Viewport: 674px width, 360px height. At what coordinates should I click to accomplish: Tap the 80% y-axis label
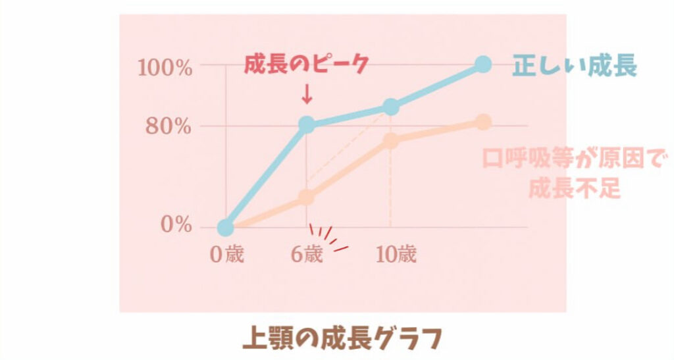pos(169,126)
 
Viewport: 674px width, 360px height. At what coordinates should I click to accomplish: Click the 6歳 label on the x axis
pos(307,255)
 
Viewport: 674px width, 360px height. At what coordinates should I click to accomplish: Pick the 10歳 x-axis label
pos(396,255)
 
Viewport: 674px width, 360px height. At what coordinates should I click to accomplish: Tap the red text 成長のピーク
pos(305,65)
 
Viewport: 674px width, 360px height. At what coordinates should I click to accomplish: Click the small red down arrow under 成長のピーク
pos(306,96)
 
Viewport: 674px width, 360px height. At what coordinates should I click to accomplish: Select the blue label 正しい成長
pos(575,66)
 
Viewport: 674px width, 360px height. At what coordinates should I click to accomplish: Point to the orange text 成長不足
pos(575,189)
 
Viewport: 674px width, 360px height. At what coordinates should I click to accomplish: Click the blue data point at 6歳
pos(307,124)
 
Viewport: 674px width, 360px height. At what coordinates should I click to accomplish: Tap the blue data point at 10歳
pos(391,107)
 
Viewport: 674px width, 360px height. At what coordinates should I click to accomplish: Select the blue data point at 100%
pos(483,64)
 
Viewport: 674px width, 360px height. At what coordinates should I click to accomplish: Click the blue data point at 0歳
pos(226,228)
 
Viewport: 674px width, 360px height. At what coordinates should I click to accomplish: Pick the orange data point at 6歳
pos(307,197)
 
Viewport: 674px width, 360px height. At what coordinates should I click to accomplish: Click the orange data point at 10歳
pos(391,141)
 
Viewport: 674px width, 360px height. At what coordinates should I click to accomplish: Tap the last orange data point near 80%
pos(484,122)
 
